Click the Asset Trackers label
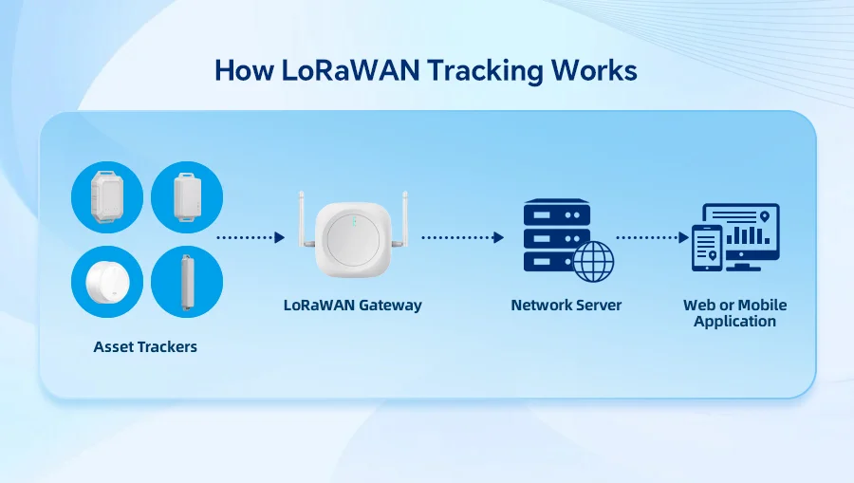pyautogui.click(x=145, y=347)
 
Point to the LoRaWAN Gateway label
pyautogui.click(x=352, y=306)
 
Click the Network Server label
pyautogui.click(x=566, y=306)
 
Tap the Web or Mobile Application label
pyautogui.click(x=734, y=313)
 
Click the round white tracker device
pyautogui.click(x=107, y=283)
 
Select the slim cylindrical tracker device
pyautogui.click(x=187, y=283)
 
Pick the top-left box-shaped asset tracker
pyautogui.click(x=107, y=197)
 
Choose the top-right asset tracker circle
pyautogui.click(x=187, y=197)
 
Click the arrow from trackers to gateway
pyautogui.click(x=251, y=238)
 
